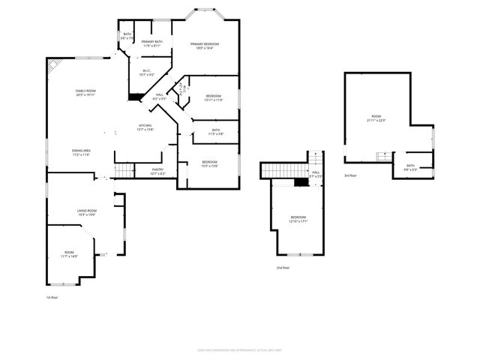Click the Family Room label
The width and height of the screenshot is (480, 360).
pyautogui.click(x=85, y=93)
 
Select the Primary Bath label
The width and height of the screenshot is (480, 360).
pyautogui.click(x=152, y=43)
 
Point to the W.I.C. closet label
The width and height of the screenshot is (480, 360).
pyautogui.click(x=147, y=73)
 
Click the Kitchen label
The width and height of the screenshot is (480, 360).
pyautogui.click(x=145, y=127)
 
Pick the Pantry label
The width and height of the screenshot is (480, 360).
pyautogui.click(x=157, y=171)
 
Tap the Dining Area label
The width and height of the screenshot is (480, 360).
pyautogui.click(x=81, y=152)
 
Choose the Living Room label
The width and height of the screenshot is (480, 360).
pyautogui.click(x=88, y=212)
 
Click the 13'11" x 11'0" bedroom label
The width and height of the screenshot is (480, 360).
pyautogui.click(x=214, y=98)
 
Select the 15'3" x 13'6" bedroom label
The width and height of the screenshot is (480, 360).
pyautogui.click(x=209, y=164)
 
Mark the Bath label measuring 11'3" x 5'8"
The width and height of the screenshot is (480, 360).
pyautogui.click(x=215, y=132)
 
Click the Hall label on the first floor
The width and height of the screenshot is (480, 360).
pyautogui.click(x=159, y=96)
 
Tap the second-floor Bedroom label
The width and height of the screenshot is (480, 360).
pyautogui.click(x=298, y=219)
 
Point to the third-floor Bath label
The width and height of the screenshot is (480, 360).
pyautogui.click(x=410, y=167)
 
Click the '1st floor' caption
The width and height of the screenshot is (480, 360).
pyautogui.click(x=52, y=297)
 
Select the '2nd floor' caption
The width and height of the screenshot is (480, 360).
pyautogui.click(x=283, y=267)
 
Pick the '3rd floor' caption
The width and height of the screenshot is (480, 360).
pyautogui.click(x=350, y=175)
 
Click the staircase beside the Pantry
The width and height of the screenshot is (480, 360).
pyautogui.click(x=123, y=170)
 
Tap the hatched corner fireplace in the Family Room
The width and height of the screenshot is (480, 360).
pyautogui.click(x=52, y=65)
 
